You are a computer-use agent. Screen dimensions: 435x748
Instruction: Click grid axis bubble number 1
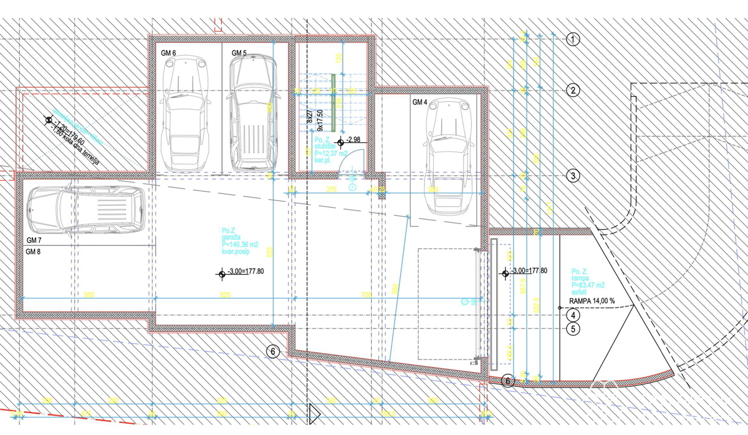pos(573,40)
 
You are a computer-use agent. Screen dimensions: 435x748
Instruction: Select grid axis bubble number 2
pos(573,90)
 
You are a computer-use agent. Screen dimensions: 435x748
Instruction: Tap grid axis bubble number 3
pos(573,176)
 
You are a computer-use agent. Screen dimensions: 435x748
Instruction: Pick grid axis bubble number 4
pos(573,316)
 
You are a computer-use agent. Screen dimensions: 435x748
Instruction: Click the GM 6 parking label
pos(168,53)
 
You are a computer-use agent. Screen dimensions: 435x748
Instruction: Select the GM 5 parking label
pos(239,53)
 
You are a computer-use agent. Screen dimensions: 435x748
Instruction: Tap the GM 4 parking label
pos(420,102)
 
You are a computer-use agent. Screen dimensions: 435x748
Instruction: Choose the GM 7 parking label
pos(34,240)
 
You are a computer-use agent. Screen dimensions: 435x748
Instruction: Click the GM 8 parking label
pos(34,252)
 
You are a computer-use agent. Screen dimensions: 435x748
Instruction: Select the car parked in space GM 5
pos(252,112)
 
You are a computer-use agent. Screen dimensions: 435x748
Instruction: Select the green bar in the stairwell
pos(333,99)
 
